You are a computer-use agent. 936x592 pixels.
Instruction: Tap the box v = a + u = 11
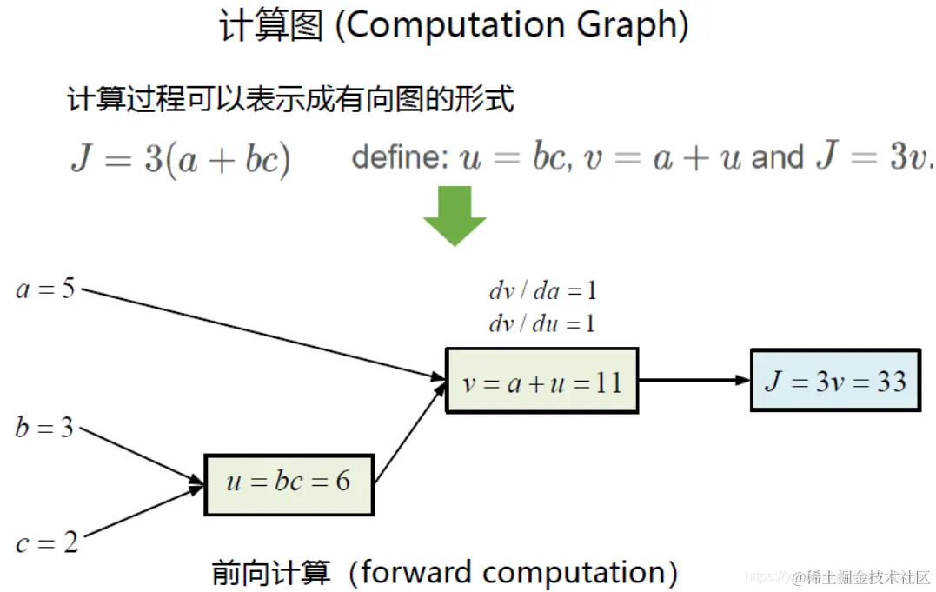coord(541,382)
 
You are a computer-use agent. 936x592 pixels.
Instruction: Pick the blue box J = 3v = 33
coord(834,381)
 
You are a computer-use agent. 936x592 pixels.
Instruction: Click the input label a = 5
coord(45,289)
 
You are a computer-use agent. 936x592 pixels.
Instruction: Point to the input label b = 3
coord(44,428)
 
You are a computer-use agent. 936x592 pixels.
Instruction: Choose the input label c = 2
coord(46,543)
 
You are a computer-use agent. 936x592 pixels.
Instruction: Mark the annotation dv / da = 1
coord(542,291)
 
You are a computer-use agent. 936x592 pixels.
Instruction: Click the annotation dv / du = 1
coord(542,324)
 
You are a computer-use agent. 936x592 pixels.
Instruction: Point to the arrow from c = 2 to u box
coord(139,516)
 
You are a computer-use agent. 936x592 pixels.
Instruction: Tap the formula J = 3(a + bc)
coord(180,160)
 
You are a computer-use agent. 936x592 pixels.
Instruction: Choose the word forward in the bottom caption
coord(415,572)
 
